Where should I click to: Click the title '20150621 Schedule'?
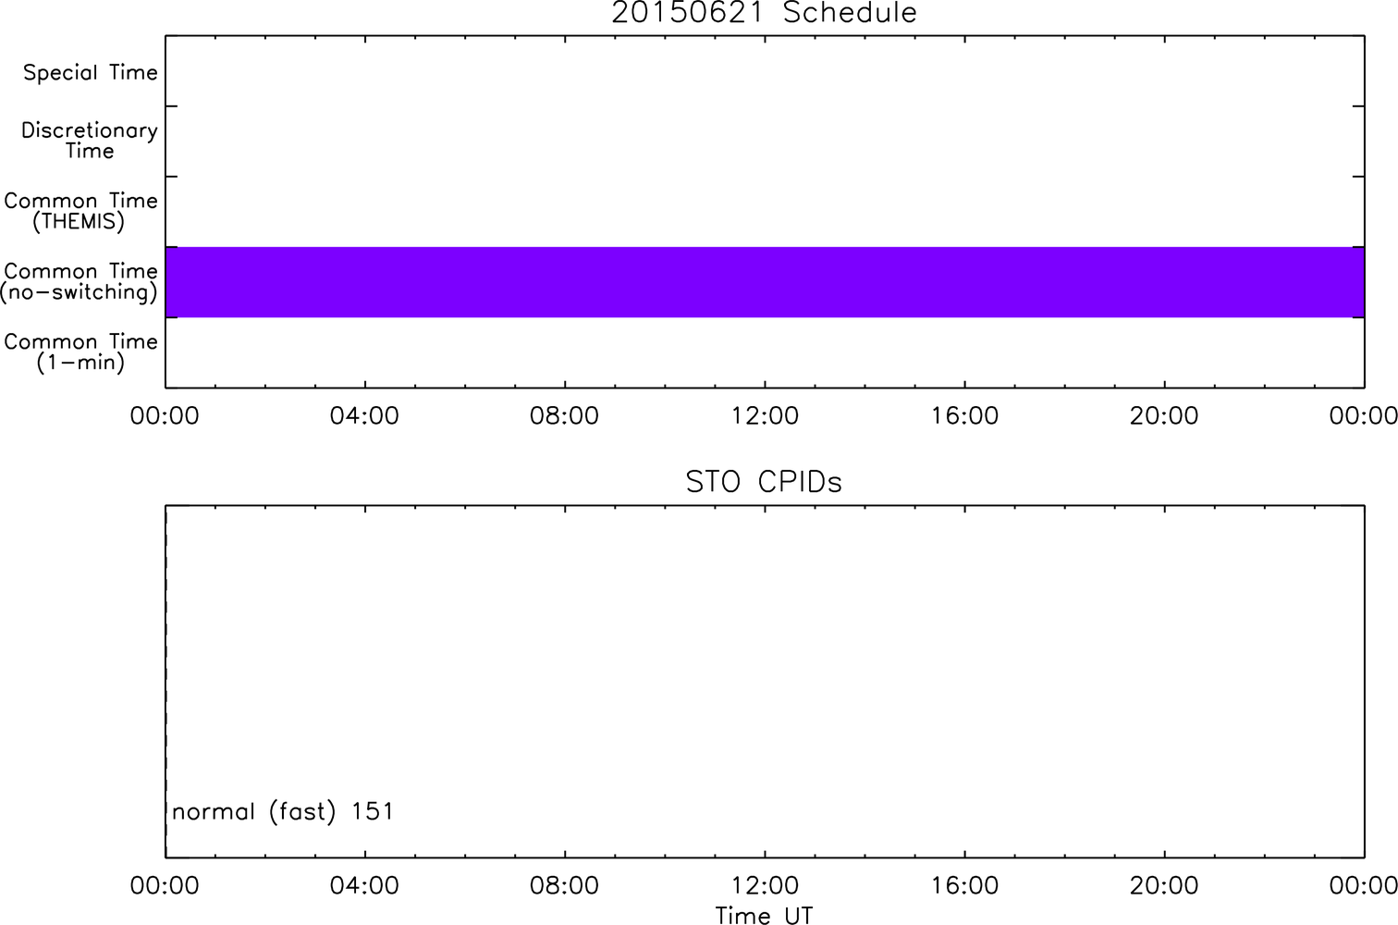click(x=764, y=13)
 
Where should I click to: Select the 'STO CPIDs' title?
click(x=764, y=482)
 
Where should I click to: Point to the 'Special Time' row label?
click(x=91, y=72)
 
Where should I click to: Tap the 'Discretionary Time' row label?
click(x=90, y=141)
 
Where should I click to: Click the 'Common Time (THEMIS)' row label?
click(x=80, y=211)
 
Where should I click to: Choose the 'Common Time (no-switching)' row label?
click(x=80, y=282)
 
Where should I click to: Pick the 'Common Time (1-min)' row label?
click(x=80, y=352)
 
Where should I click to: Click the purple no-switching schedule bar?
click(x=766, y=282)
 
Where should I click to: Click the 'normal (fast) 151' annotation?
click(x=283, y=811)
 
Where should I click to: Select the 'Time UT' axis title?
click(x=764, y=915)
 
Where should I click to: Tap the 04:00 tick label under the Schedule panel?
click(x=364, y=415)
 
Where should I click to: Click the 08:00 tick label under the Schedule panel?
click(x=564, y=415)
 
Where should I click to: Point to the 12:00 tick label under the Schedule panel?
click(x=765, y=415)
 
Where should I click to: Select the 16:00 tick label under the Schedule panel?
click(x=964, y=415)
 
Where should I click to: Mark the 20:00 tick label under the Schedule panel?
click(x=1164, y=415)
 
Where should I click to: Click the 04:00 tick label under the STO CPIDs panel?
click(x=364, y=885)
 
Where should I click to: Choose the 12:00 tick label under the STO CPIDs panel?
click(x=765, y=885)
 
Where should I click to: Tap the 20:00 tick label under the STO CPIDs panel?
click(x=1164, y=885)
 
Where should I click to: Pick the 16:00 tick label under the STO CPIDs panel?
click(x=964, y=885)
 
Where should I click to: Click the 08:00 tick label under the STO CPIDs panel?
click(x=564, y=885)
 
